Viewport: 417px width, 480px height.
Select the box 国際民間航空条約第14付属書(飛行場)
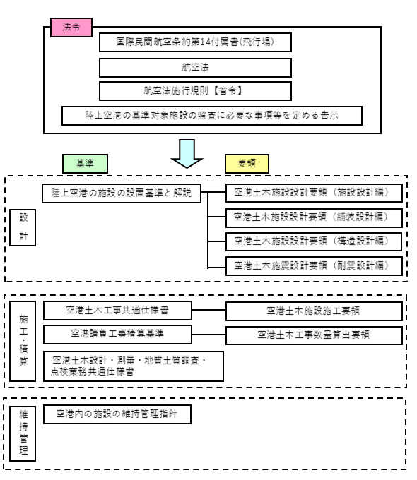195,43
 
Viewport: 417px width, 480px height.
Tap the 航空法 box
195,67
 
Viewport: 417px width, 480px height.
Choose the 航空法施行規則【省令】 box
195,91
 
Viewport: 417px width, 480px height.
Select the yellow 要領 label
247,163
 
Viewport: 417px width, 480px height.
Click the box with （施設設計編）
314,191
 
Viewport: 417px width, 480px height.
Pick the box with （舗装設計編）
314,216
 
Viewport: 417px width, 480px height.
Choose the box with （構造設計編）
314,240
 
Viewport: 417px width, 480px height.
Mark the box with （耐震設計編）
314,265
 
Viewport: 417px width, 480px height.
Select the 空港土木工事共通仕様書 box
117,310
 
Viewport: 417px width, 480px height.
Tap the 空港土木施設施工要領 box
314,311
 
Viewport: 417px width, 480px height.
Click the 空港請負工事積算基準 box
117,332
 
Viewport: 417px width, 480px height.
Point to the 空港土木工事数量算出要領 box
314,334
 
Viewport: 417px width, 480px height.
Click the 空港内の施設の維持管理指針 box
117,414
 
